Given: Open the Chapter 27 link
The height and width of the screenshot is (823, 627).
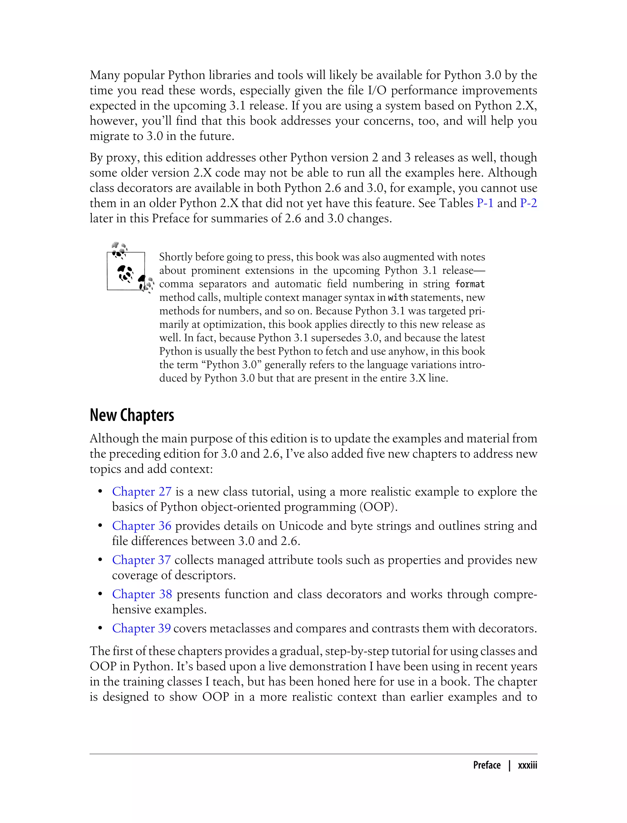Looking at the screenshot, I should point(141,491).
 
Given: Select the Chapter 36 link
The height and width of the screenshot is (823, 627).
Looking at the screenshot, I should point(141,526).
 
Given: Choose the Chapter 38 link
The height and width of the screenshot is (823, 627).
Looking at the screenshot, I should point(142,594).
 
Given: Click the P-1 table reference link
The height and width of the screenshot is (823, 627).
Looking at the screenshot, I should point(485,203).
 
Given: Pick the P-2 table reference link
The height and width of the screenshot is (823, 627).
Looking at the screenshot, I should point(528,203).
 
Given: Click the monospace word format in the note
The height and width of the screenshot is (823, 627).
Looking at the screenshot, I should point(470,284).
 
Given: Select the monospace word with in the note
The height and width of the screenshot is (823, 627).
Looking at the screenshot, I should point(398,298).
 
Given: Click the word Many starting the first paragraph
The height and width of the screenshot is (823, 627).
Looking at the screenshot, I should point(105,75).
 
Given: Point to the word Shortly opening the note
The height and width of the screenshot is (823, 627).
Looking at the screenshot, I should point(175,257).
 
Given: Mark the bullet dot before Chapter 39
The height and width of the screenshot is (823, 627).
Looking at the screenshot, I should point(100,629).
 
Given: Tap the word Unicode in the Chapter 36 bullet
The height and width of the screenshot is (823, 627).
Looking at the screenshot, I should point(301,526).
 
